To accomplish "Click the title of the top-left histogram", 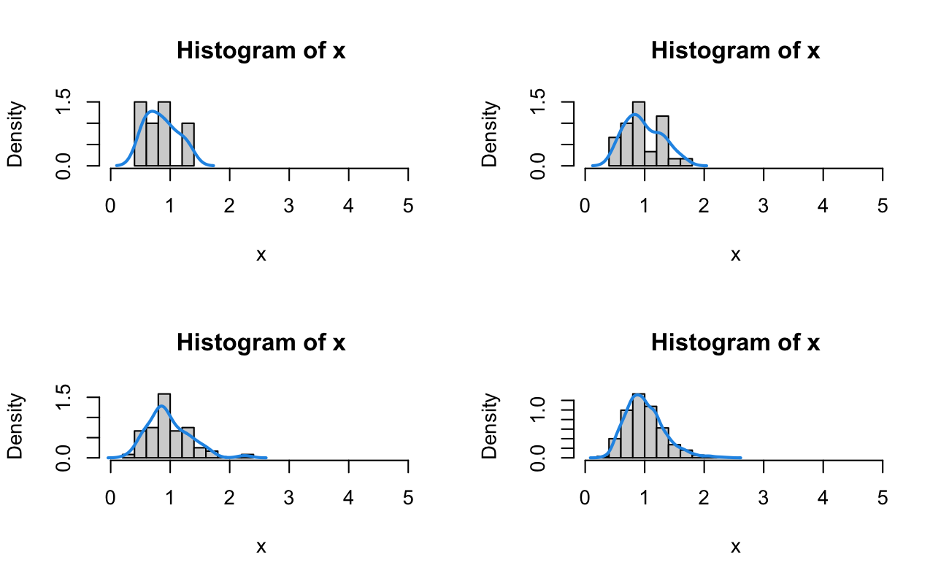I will click(x=261, y=51).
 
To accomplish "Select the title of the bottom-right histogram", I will click(x=735, y=342).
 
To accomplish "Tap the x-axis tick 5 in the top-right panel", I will click(x=883, y=207).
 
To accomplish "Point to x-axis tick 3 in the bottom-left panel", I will click(x=289, y=499).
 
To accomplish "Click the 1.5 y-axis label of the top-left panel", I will click(x=64, y=101).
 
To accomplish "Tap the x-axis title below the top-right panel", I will click(x=735, y=255).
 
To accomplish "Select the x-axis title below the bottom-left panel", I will click(x=261, y=547).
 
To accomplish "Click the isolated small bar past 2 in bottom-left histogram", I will click(x=247, y=456).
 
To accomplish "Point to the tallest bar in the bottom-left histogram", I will click(x=164, y=426).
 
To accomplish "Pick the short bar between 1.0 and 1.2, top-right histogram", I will click(x=650, y=158).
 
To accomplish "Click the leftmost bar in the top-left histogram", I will click(x=140, y=134).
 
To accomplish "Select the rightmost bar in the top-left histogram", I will click(x=188, y=145).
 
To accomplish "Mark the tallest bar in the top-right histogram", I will click(x=639, y=134).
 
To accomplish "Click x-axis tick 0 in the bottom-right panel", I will click(x=585, y=499).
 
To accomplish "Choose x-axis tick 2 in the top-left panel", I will click(x=229, y=207).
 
